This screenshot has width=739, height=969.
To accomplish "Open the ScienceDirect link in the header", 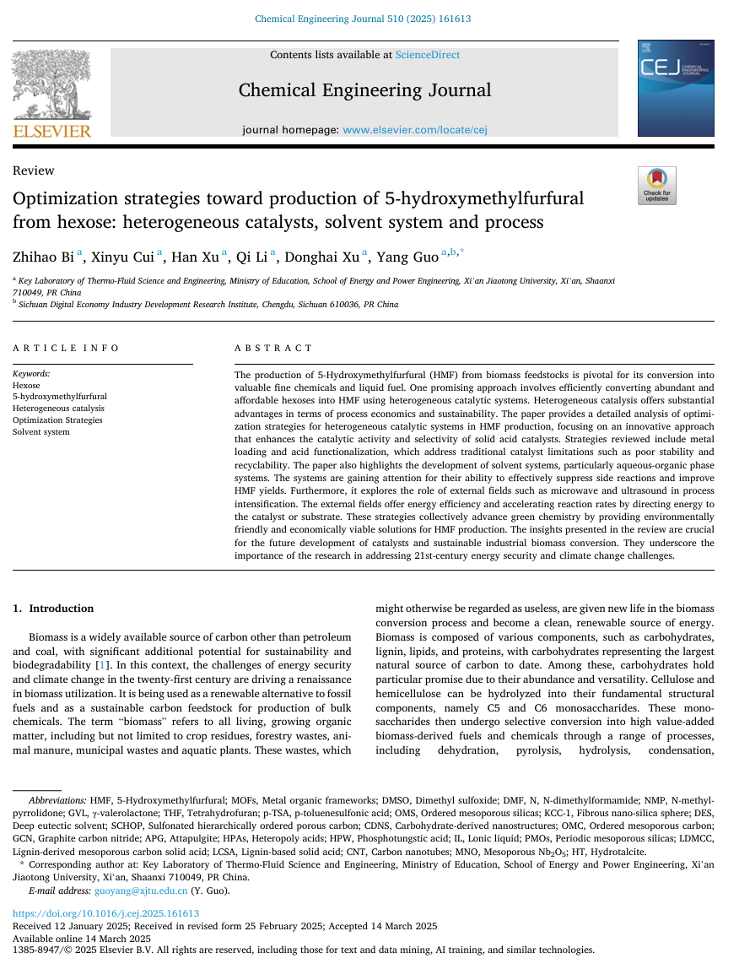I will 428,55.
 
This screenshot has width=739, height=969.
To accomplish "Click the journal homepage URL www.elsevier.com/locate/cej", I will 414,130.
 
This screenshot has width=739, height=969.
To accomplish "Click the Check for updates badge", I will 656,186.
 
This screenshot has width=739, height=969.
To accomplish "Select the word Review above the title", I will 34,171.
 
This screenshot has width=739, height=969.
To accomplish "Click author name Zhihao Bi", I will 43,257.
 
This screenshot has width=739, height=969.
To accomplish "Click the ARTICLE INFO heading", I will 66,348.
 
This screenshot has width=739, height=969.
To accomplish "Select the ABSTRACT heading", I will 273,348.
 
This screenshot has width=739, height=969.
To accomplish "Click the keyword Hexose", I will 26,385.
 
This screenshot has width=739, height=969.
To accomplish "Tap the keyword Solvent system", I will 40,432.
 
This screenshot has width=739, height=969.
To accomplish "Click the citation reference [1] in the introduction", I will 101,665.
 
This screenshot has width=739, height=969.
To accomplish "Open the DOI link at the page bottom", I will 105,913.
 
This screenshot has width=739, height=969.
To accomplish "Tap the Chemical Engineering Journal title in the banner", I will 364,90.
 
